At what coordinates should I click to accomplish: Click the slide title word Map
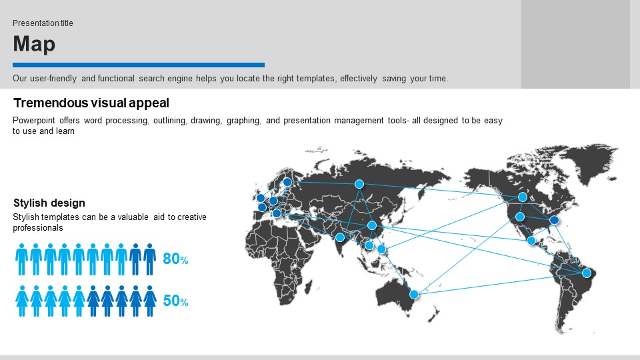[x=34, y=44]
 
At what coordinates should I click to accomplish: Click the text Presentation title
[x=43, y=23]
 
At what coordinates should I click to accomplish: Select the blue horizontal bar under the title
[x=139, y=65]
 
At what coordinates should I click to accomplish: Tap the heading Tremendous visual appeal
[x=91, y=103]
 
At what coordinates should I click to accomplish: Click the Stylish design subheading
[x=49, y=203]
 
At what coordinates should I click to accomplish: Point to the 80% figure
[x=175, y=259]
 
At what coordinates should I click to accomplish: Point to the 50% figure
[x=175, y=301]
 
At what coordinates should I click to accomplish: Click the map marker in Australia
[x=414, y=294]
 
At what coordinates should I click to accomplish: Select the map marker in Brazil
[x=587, y=273]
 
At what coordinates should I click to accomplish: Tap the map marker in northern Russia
[x=359, y=184]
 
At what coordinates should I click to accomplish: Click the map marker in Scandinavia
[x=287, y=182]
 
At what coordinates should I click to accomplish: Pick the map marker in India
[x=340, y=237]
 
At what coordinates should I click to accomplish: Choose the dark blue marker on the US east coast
[x=554, y=220]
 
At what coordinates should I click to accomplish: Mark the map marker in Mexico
[x=531, y=241]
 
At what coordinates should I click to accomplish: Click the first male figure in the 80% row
[x=21, y=259]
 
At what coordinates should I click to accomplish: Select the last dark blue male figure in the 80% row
[x=150, y=259]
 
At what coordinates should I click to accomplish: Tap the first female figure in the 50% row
[x=22, y=301]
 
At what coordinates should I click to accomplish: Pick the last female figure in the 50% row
[x=150, y=301]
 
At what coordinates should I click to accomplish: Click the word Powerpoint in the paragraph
[x=34, y=121]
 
